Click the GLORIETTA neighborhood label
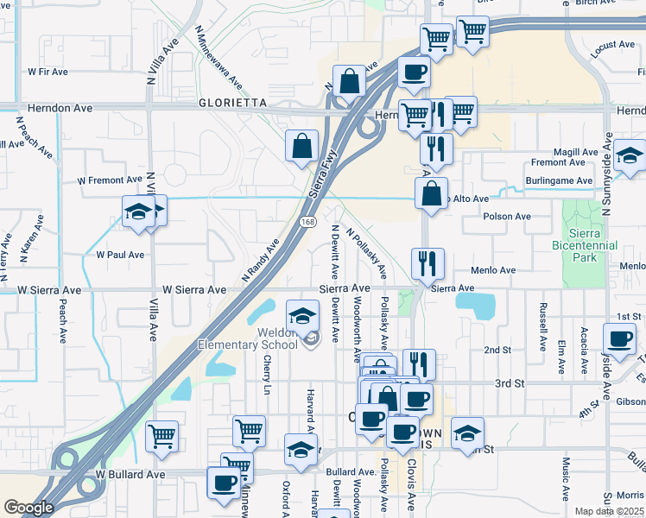click(x=206, y=102)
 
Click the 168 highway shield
click(x=307, y=222)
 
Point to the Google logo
click(x=28, y=508)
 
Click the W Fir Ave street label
click(x=48, y=72)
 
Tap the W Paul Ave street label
click(x=120, y=256)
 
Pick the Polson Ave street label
click(x=507, y=217)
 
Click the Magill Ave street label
click(x=576, y=152)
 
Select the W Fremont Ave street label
click(x=109, y=180)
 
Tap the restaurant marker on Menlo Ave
click(x=427, y=263)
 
